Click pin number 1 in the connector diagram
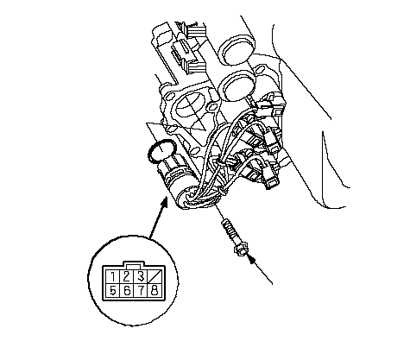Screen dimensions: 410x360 coord(113,277)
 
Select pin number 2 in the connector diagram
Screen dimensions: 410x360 coord(127,277)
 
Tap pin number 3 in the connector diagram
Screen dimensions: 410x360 coord(141,277)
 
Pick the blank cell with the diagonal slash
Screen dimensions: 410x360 coord(155,277)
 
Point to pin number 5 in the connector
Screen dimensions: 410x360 coord(113,291)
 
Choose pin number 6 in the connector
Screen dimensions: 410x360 coord(127,291)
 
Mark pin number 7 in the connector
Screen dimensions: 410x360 coord(141,291)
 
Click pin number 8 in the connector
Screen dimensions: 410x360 coord(155,291)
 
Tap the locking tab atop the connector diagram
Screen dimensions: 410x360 coord(134,264)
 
